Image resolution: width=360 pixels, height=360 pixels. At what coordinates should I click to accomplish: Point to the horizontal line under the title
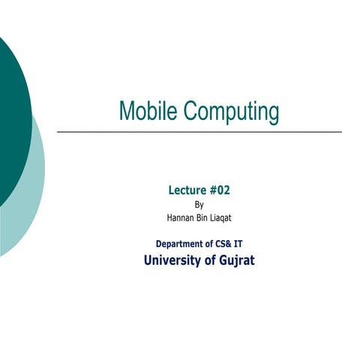point(199,132)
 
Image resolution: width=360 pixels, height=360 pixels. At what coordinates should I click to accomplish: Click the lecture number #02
point(220,190)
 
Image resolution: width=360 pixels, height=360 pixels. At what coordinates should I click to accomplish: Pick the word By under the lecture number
point(199,204)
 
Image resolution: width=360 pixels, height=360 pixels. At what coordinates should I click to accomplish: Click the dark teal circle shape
point(11,112)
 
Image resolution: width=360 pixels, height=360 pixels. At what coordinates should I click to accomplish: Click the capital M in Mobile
point(126,111)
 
